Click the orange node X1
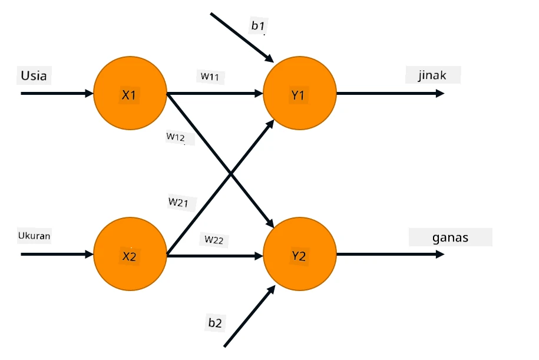click(130, 93)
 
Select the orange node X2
click(130, 254)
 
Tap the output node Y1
click(300, 93)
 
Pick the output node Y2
click(300, 254)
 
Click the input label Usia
click(34, 75)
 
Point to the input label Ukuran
click(34, 236)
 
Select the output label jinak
click(432, 75)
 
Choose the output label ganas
click(450, 237)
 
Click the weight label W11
click(210, 77)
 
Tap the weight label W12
click(176, 137)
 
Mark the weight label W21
click(178, 202)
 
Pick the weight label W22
click(214, 239)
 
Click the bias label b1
click(258, 25)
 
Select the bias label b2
click(215, 322)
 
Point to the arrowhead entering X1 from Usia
click(89, 93)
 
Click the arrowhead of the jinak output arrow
click(440, 93)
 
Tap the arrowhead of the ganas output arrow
click(440, 254)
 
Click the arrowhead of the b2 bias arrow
click(271, 289)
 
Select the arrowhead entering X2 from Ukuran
click(89, 254)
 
